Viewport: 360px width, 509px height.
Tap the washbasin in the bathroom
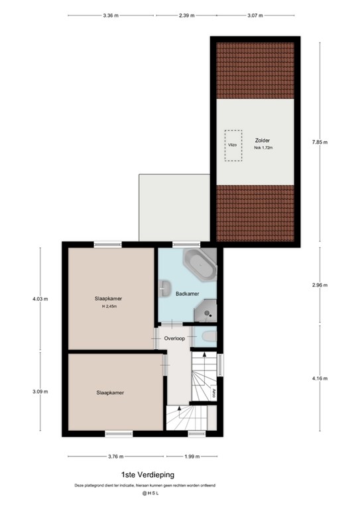[165, 287]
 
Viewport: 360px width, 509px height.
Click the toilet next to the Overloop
[208, 337]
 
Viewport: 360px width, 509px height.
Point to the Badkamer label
[186, 293]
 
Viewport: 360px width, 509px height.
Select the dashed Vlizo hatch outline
[232, 144]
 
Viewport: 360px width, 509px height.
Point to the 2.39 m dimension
[186, 16]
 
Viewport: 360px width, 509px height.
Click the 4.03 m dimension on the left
[40, 299]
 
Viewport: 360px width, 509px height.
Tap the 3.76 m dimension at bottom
[115, 456]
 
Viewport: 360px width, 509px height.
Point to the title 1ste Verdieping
[147, 475]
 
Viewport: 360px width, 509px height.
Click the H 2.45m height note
[109, 306]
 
